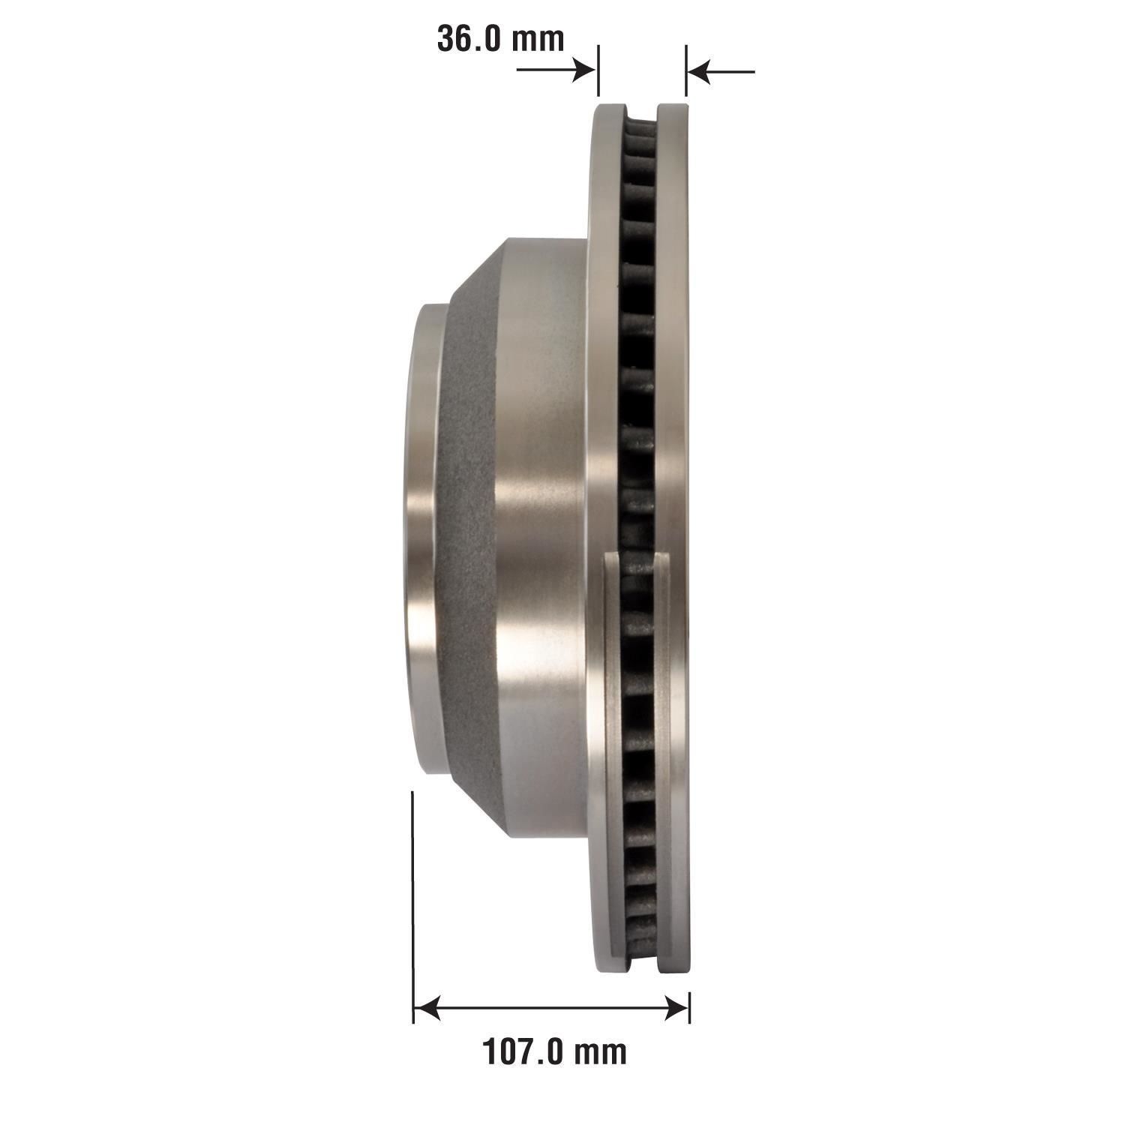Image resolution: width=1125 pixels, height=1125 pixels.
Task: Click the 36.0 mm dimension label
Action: coord(500,39)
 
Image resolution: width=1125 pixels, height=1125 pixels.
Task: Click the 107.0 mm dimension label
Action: coord(553,1051)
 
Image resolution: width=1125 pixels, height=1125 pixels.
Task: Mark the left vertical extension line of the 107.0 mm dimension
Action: coord(413,900)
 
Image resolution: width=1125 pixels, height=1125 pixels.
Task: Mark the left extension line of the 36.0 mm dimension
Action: coord(598,71)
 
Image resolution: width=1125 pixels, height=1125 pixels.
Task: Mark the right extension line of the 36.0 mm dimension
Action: coord(686,71)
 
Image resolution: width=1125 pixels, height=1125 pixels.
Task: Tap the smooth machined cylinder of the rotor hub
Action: coord(540,525)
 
